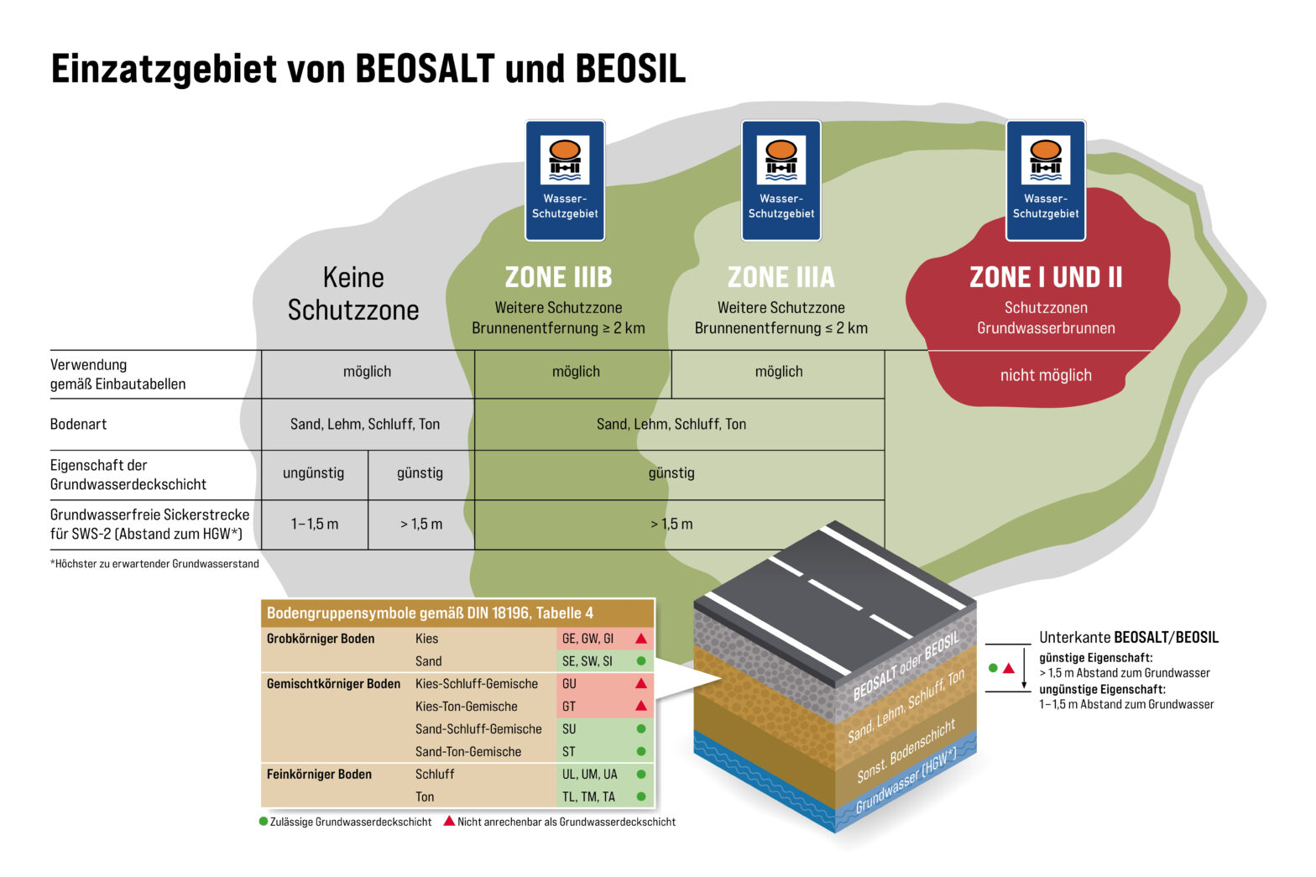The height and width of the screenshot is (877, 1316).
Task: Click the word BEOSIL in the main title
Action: click(630, 69)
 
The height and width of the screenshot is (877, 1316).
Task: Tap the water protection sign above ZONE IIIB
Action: click(565, 180)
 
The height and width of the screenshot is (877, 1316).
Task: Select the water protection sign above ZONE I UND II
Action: click(1045, 180)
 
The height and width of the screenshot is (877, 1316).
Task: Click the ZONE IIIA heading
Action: click(781, 277)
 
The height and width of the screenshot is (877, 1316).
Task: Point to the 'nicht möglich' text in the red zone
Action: click(1045, 375)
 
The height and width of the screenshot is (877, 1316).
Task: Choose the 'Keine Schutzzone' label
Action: click(353, 294)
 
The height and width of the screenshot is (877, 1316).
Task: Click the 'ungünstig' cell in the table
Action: click(314, 473)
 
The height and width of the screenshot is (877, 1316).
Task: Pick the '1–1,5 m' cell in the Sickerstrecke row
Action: click(315, 524)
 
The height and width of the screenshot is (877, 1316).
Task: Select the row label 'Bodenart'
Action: click(78, 424)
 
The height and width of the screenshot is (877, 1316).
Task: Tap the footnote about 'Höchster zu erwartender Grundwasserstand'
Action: click(154, 564)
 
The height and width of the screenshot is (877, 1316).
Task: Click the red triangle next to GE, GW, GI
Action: click(641, 639)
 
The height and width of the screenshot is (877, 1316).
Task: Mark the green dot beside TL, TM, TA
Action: click(641, 796)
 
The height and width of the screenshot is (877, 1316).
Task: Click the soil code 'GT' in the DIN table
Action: click(569, 707)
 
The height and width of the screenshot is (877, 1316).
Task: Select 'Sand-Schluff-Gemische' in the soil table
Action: click(478, 729)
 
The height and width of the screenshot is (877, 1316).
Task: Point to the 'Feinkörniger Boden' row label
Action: click(319, 774)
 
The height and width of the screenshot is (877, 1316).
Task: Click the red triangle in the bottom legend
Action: click(449, 822)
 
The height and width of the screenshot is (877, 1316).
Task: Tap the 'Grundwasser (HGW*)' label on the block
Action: click(906, 781)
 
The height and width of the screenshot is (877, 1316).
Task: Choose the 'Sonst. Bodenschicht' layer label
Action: click(906, 751)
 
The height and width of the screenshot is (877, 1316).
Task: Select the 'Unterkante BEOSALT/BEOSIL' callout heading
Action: click(1128, 638)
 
